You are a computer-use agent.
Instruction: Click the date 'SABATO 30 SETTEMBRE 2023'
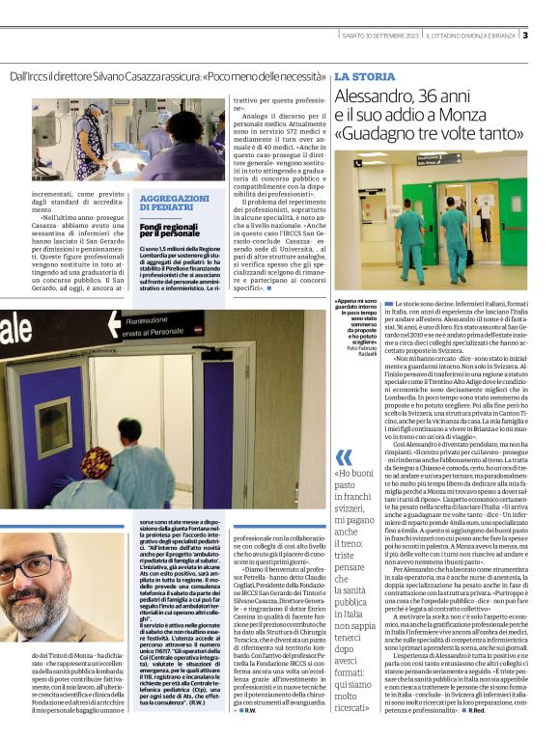(x=381, y=36)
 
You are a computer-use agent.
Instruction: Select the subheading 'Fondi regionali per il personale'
(x=170, y=230)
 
